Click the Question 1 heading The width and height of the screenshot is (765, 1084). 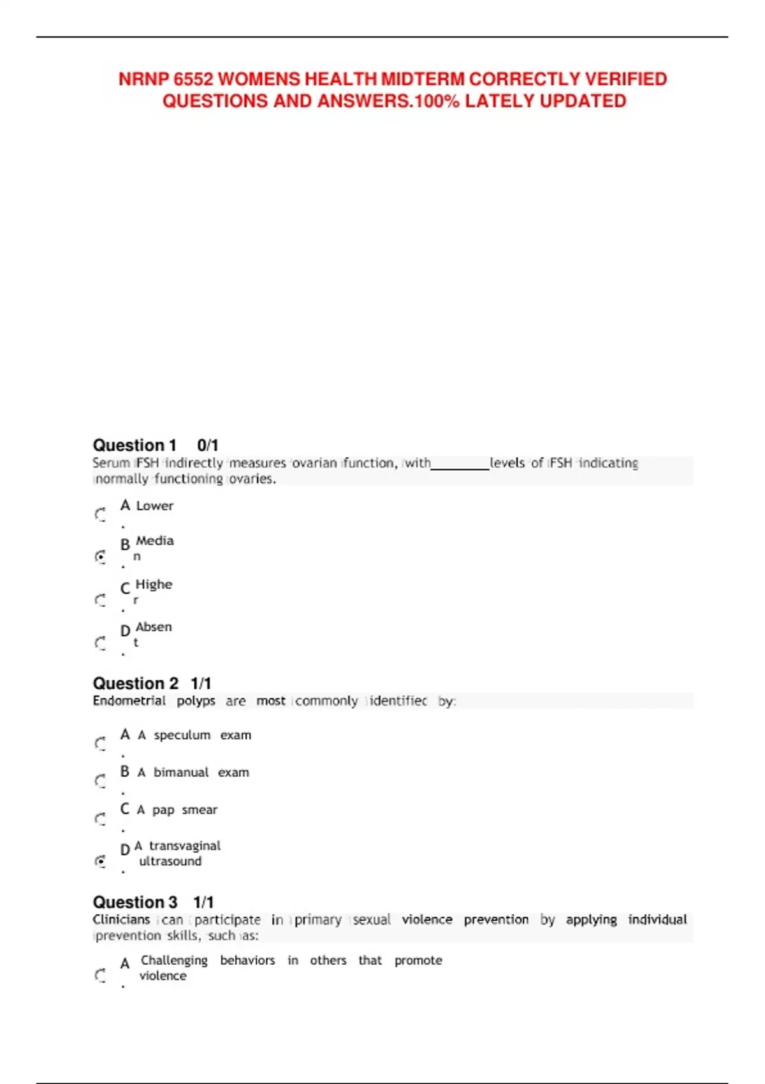[135, 445]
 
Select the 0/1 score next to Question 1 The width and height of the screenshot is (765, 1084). [208, 445]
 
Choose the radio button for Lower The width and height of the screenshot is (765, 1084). [101, 514]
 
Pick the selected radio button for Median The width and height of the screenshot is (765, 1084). [101, 557]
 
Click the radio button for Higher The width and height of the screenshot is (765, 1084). [101, 600]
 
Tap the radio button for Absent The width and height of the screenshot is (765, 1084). [101, 643]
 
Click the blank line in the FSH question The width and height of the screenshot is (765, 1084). [460, 465]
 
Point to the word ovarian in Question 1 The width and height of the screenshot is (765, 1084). [314, 463]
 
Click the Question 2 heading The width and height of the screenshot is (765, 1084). [136, 684]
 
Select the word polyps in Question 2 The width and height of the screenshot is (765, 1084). [196, 701]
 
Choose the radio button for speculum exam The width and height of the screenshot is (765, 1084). [101, 743]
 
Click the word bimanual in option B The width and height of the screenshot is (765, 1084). [181, 772]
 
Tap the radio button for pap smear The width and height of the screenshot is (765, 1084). [101, 819]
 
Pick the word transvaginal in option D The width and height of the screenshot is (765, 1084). [185, 846]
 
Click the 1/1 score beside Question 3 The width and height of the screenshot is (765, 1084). [204, 902]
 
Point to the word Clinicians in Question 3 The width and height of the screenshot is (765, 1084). [121, 919]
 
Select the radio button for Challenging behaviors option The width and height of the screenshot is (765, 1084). [101, 976]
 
